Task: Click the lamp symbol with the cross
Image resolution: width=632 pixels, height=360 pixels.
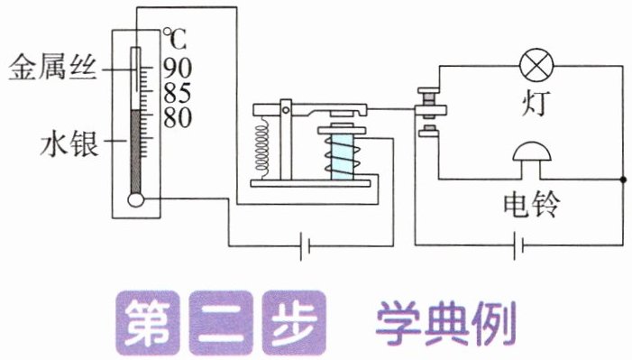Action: click(536, 65)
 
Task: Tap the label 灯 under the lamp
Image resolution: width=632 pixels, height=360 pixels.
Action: click(536, 104)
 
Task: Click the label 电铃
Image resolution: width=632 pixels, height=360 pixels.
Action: click(532, 204)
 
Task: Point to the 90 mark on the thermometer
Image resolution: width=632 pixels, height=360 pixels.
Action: click(178, 68)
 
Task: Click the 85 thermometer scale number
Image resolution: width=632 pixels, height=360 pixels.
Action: click(178, 93)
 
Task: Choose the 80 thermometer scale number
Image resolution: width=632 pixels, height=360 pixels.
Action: click(178, 118)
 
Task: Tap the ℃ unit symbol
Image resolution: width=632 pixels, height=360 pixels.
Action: click(175, 39)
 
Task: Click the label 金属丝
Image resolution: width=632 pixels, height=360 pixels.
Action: click(53, 68)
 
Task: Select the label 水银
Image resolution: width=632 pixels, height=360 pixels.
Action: click(69, 144)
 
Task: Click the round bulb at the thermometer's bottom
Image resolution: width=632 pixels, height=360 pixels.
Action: click(136, 199)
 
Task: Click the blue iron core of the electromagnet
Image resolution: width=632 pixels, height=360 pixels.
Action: click(343, 157)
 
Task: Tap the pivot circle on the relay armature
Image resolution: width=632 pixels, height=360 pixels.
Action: click(286, 110)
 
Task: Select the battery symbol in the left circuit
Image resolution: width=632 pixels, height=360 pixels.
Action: click(305, 245)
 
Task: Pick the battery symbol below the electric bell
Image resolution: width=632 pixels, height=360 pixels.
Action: click(518, 245)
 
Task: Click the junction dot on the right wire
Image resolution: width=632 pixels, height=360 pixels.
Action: click(623, 180)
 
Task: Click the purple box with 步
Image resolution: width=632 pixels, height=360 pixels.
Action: click(294, 323)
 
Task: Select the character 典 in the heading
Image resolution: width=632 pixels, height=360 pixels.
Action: click(446, 323)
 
